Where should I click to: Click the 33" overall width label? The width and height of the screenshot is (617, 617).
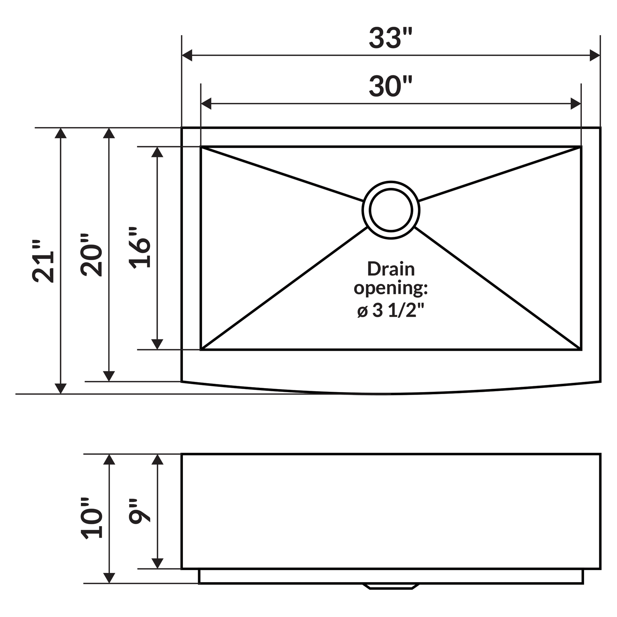click(390, 38)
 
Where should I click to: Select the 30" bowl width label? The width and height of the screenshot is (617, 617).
click(390, 86)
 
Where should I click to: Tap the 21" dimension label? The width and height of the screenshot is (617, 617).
click(43, 261)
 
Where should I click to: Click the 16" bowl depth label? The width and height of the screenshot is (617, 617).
click(140, 248)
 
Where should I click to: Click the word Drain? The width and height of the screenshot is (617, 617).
click(391, 269)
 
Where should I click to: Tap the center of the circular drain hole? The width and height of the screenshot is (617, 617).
click(391, 210)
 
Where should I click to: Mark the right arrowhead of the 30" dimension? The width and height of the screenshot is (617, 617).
click(575, 103)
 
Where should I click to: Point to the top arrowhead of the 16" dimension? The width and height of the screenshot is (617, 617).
click(157, 152)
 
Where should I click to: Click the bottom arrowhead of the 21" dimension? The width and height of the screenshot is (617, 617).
click(61, 388)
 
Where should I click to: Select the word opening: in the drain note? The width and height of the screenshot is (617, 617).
click(391, 289)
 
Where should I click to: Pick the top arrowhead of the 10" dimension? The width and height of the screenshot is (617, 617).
click(109, 459)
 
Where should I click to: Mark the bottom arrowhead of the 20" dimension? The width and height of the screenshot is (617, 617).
click(109, 376)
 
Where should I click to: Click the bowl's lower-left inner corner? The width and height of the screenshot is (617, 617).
click(202, 349)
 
